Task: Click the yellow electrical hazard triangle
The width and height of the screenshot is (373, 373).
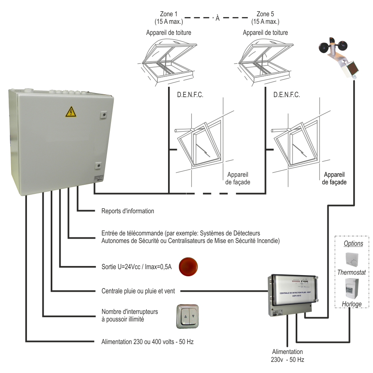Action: tap(71, 113)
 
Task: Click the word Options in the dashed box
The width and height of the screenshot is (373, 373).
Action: tap(353, 244)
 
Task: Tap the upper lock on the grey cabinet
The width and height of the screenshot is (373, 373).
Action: tap(103, 115)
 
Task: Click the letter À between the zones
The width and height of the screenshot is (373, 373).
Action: tap(217, 18)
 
